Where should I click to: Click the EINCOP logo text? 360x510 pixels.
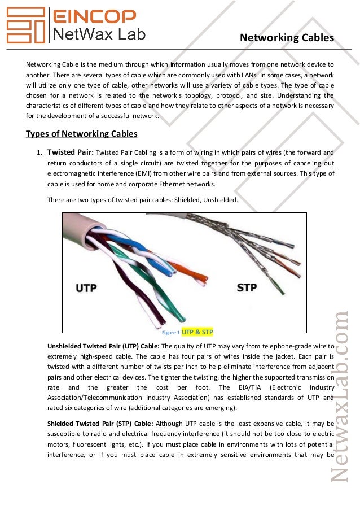click(x=94, y=16)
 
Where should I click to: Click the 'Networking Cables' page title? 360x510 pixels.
click(x=287, y=38)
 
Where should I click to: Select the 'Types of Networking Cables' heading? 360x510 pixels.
click(x=82, y=134)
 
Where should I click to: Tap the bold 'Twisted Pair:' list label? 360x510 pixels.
click(x=71, y=152)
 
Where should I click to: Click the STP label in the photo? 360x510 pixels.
click(x=247, y=287)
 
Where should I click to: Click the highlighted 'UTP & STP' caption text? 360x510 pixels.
click(x=197, y=332)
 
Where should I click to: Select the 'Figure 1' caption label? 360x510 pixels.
click(x=170, y=333)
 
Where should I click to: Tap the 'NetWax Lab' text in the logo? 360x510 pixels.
click(x=99, y=35)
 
